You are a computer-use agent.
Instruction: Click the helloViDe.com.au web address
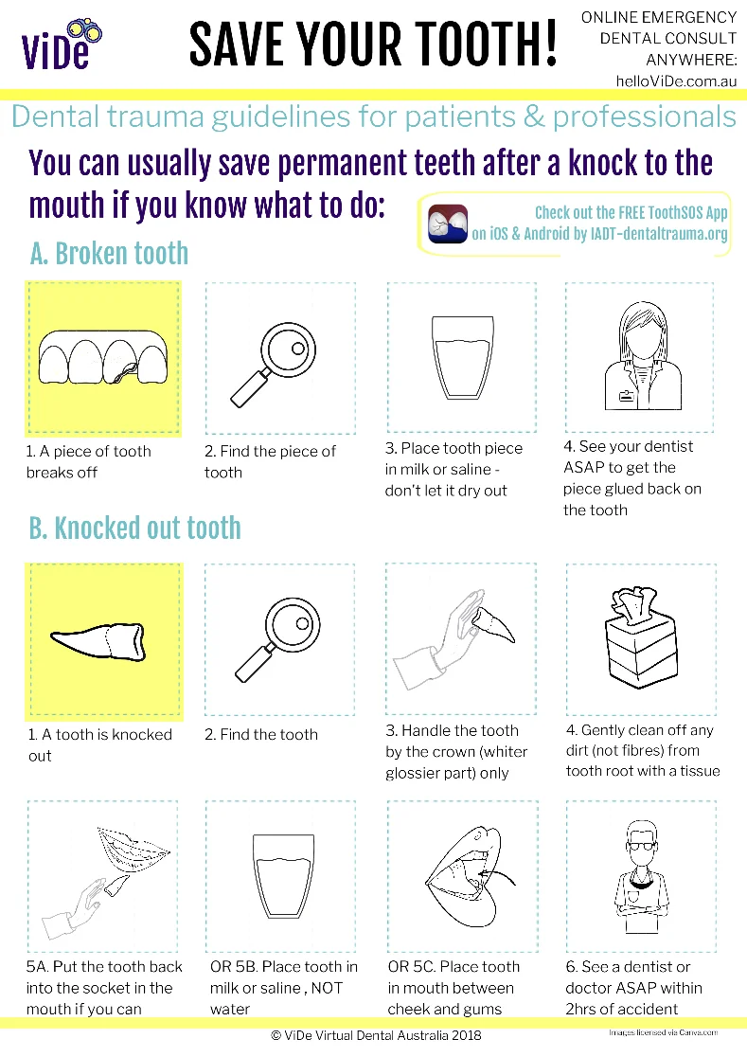pyautogui.click(x=675, y=81)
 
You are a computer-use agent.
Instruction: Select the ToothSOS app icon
pyautogui.click(x=448, y=224)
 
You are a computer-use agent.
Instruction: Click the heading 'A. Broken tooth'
pyautogui.click(x=109, y=254)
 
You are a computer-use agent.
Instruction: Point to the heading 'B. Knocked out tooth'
pyautogui.click(x=135, y=528)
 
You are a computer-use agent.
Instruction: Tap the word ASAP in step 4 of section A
pyautogui.click(x=584, y=467)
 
